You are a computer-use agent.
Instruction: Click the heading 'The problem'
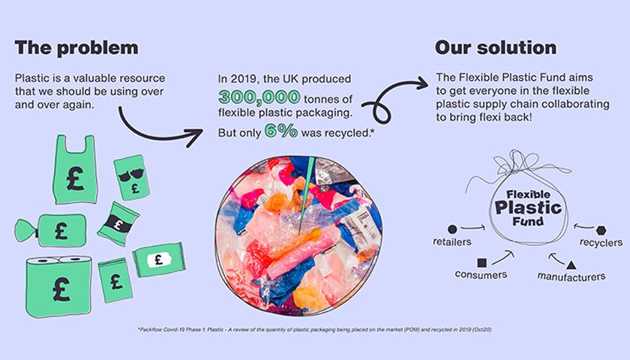pyautogui.click(x=76, y=48)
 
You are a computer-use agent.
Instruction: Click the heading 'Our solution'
pyautogui.click(x=496, y=48)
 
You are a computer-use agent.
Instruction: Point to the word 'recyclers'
pyautogui.click(x=601, y=242)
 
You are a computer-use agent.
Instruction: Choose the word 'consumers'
pyautogui.click(x=481, y=274)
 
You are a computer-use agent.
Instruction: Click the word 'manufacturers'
pyautogui.click(x=571, y=276)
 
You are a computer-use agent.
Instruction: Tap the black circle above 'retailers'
pyautogui.click(x=451, y=228)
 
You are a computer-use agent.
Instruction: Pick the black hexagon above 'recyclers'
pyautogui.click(x=601, y=229)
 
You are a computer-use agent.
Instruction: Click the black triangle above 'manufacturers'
pyautogui.click(x=571, y=264)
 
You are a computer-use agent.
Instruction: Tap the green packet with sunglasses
pyautogui.click(x=131, y=176)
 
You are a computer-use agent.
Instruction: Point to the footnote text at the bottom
pyautogui.click(x=314, y=330)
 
